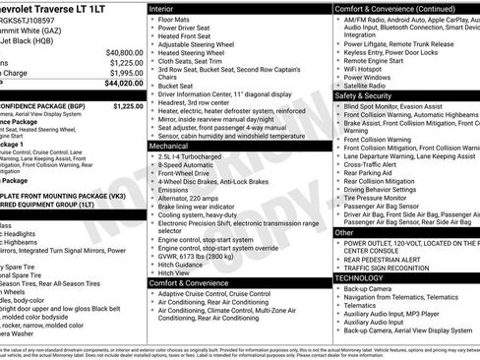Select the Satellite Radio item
click(x=370, y=85)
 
